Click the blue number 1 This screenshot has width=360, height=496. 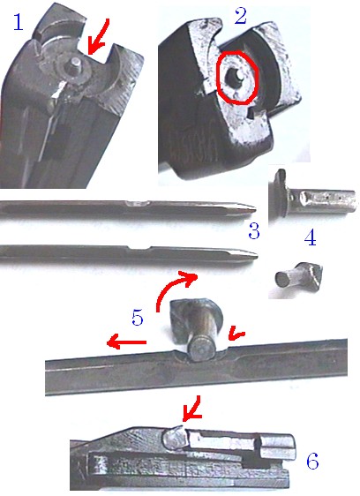pos(18,23)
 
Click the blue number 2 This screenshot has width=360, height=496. pos(240,17)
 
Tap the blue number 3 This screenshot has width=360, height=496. pos(254,231)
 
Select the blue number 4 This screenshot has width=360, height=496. pos(310,238)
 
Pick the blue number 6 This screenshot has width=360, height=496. pos(312,461)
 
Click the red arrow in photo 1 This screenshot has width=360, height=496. pos(98,36)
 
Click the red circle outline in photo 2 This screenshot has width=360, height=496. pos(237,77)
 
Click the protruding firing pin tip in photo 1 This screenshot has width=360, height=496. pos(75,63)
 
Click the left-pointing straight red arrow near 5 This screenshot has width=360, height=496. pos(126,342)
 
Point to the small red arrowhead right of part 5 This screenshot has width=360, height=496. pos(236,334)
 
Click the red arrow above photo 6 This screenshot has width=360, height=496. pos(191,409)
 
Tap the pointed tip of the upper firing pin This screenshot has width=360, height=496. pos(254,208)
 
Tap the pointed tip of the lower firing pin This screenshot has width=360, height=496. pos(255,253)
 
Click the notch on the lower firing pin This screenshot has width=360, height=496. pos(139,248)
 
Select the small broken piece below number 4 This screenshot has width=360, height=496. pos(299,276)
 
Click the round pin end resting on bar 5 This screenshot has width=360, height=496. pos(200,349)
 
